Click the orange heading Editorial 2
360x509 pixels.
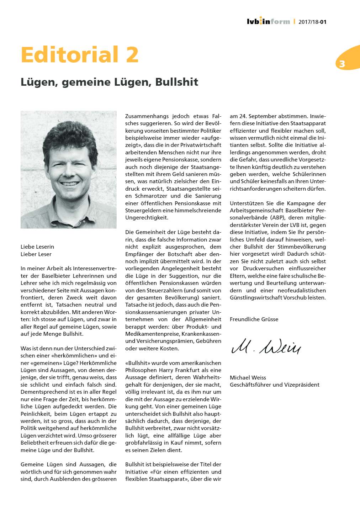click(80, 55)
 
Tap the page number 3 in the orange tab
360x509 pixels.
click(342, 64)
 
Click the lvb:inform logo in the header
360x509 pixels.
click(268, 21)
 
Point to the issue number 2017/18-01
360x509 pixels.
click(312, 22)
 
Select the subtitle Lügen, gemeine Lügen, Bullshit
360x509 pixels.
click(109, 82)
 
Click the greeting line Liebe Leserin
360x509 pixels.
click(37, 247)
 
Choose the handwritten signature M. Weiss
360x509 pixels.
click(266, 346)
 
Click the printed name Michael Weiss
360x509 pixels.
click(248, 378)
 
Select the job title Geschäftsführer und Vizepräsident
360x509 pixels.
click(275, 385)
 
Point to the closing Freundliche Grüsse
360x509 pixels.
click(254, 319)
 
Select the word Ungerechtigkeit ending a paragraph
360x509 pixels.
click(147, 218)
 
